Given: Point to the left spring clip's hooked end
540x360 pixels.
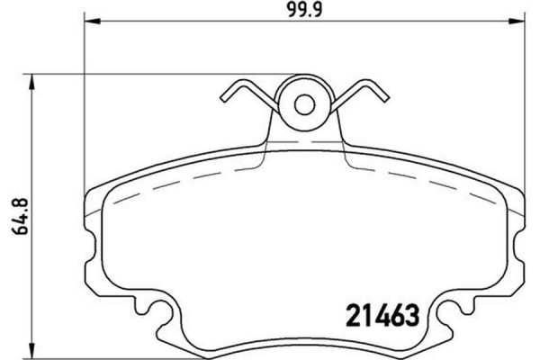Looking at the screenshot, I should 225,94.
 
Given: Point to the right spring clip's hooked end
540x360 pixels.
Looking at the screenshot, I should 382,96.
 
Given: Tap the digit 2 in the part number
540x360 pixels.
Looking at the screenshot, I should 354,317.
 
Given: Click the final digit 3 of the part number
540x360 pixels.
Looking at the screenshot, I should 415,317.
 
